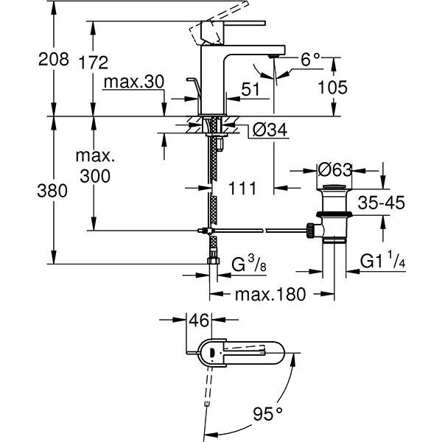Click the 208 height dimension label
click(54, 60)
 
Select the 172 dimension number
click(94, 63)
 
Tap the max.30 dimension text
click(134, 83)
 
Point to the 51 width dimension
click(250, 90)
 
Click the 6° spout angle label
click(310, 60)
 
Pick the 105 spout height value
click(333, 87)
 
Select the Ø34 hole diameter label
click(270, 130)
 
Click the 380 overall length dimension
click(52, 191)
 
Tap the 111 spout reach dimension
click(242, 189)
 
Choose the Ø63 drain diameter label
click(335, 170)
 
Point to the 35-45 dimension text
click(382, 203)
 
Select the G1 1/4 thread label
click(382, 260)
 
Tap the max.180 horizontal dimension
click(270, 294)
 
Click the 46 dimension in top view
click(199, 320)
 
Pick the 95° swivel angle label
click(267, 414)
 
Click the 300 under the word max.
click(95, 176)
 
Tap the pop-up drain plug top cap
click(334, 187)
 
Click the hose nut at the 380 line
click(214, 261)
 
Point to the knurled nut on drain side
click(310, 231)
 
